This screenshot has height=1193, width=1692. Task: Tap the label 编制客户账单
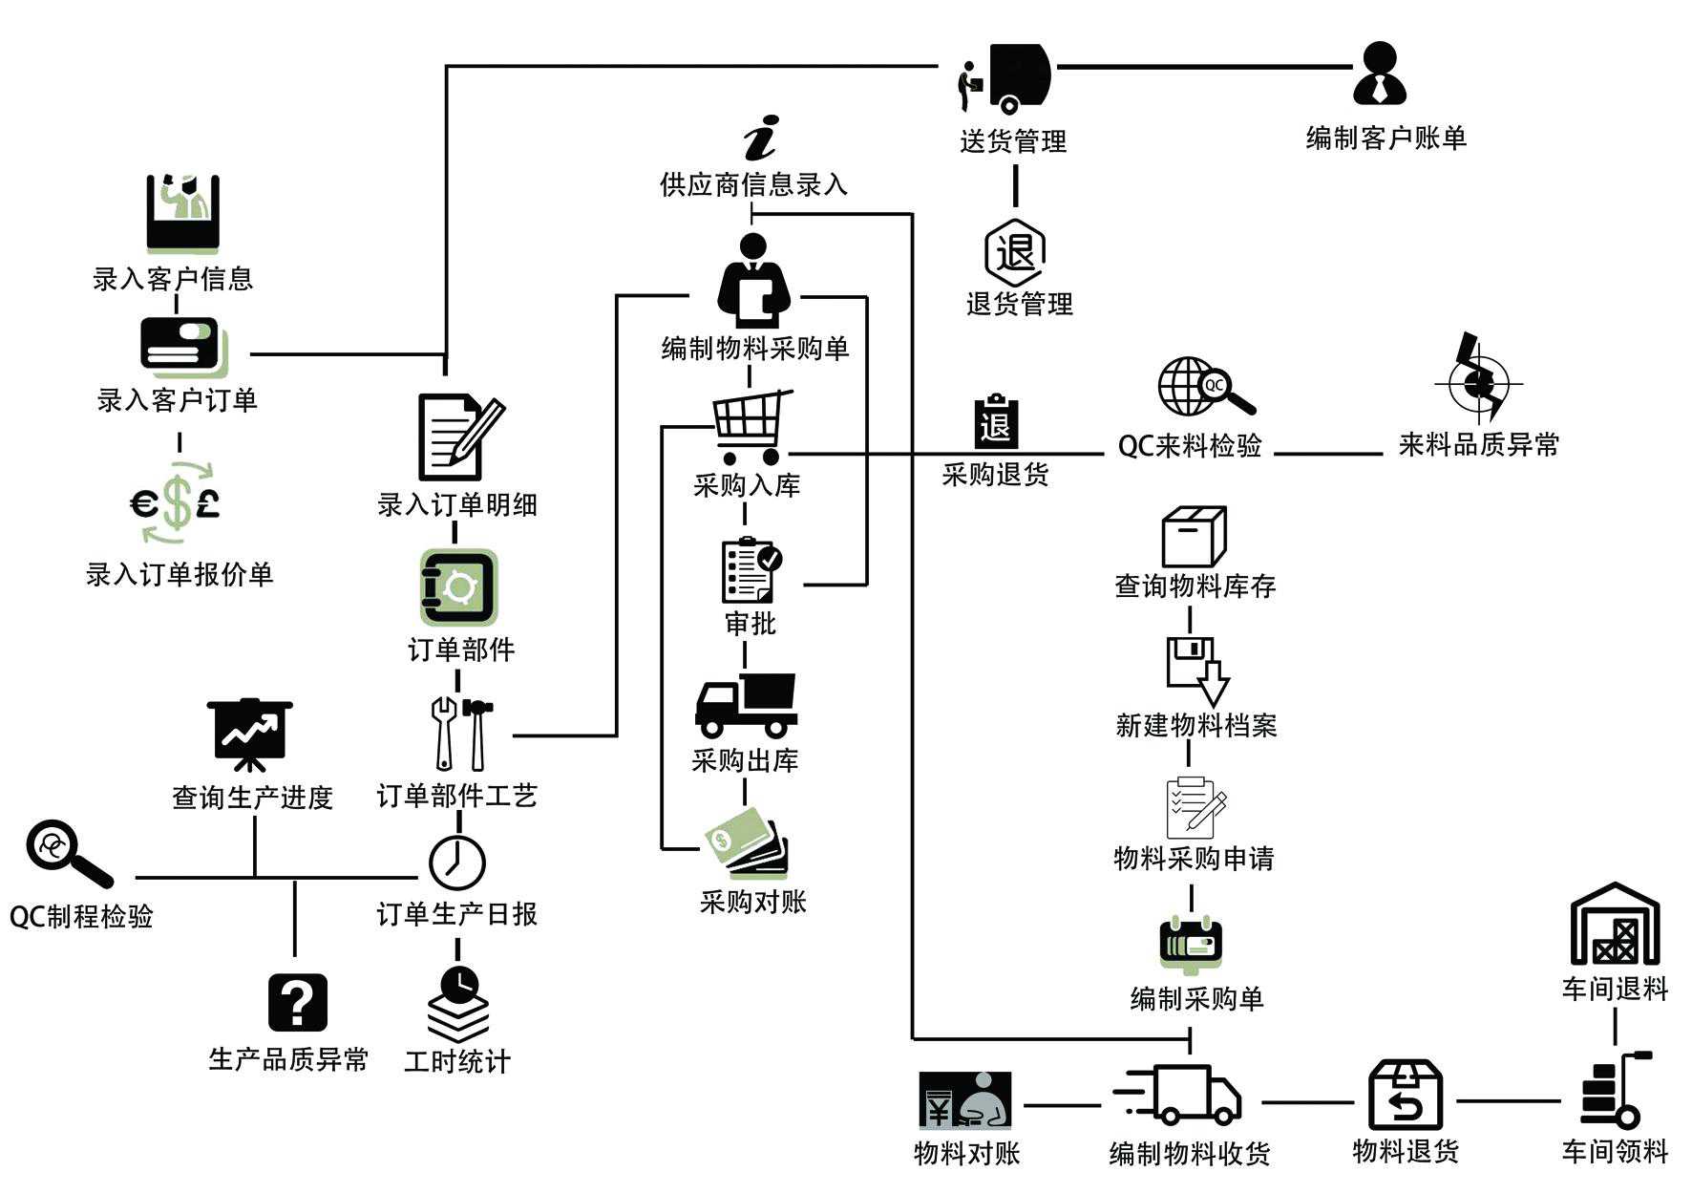pos(1385,138)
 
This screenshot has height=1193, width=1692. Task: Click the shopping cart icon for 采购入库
pos(751,426)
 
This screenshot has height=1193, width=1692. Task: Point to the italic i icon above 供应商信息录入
pos(761,138)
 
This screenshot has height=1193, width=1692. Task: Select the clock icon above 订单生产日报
pos(456,862)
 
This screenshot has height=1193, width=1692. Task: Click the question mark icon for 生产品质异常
pos(297,1002)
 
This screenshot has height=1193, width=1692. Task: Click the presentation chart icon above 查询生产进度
pos(249,734)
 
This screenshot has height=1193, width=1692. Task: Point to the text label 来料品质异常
pos(1478,445)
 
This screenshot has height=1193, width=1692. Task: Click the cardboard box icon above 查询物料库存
pos(1194,537)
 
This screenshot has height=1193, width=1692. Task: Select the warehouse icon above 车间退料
pos(1615,924)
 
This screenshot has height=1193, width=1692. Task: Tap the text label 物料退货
pos(1406,1151)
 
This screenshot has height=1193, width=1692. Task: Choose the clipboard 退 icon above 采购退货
pos(995,422)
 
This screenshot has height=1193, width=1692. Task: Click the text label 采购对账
pos(752,902)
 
